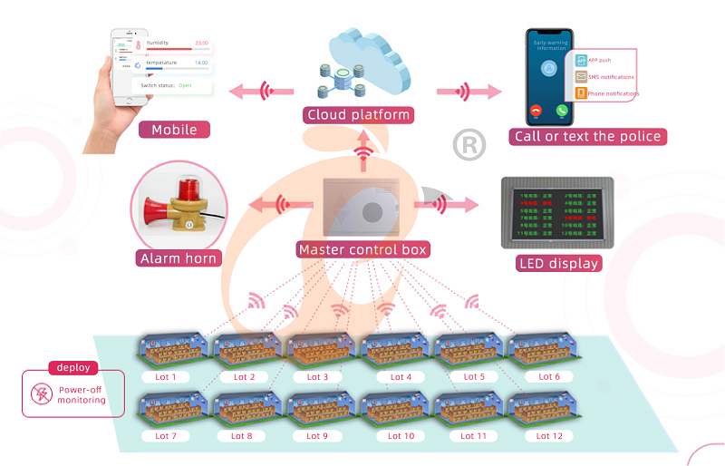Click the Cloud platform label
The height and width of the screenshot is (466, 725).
coord(359,115)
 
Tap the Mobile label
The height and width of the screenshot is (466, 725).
coord(174,130)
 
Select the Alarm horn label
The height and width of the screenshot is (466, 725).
coord(179,258)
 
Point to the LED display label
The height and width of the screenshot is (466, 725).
coord(558,264)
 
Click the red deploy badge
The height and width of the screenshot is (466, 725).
coord(73,368)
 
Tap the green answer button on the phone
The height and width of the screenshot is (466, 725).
coord(563,111)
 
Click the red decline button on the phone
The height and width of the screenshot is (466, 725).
coord(536,111)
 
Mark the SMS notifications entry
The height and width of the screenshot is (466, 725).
coord(609,78)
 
